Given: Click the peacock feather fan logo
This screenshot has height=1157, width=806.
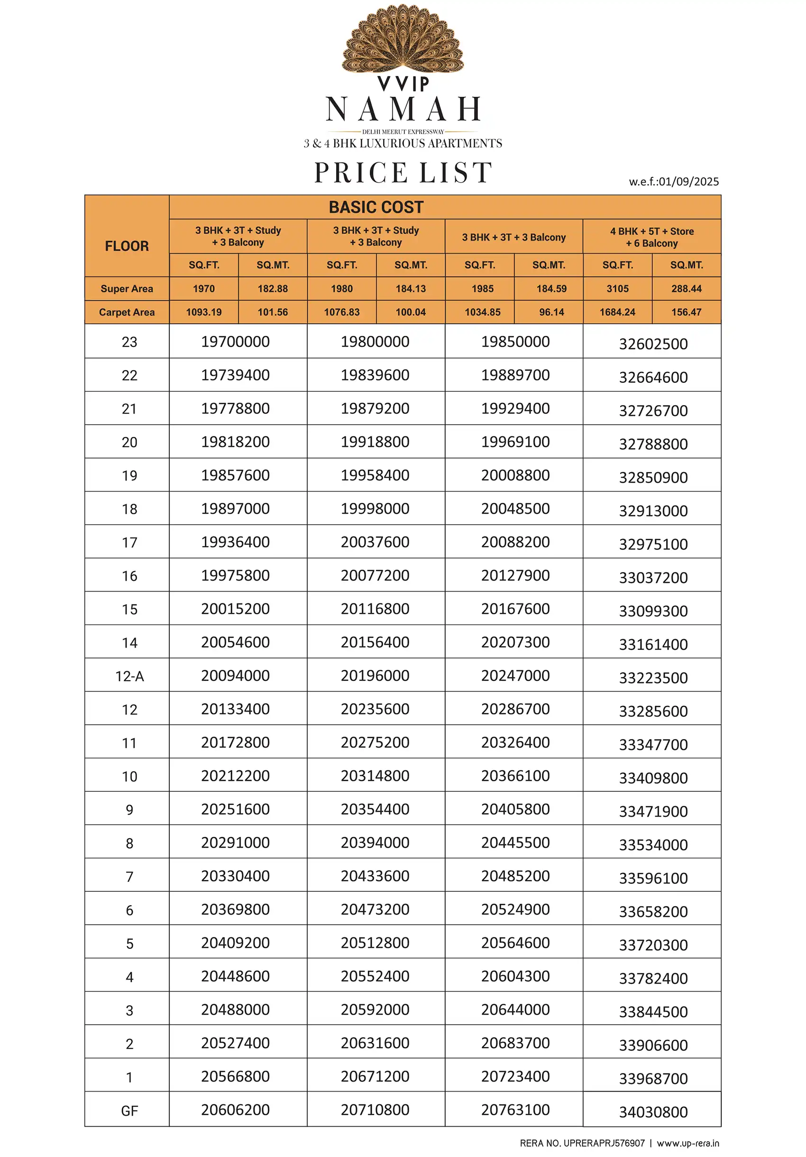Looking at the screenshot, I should (x=403, y=39).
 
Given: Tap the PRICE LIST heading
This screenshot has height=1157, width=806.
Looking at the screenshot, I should (x=403, y=173).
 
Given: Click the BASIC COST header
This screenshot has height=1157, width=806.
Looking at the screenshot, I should (x=376, y=207).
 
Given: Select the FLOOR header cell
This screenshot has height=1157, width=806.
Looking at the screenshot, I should (x=127, y=246).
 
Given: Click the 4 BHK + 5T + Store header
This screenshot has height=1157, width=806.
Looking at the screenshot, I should (x=652, y=237).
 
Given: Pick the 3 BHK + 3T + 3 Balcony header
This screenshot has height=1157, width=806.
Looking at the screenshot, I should (x=514, y=237).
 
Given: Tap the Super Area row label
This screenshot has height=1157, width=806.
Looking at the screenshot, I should (x=127, y=289).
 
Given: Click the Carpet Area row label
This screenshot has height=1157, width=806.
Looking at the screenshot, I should (x=127, y=312).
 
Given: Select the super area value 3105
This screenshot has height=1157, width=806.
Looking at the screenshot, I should (x=617, y=289).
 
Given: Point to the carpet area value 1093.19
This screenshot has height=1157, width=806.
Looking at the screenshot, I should (x=203, y=312).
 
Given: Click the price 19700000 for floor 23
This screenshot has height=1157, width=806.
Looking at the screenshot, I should (x=235, y=342).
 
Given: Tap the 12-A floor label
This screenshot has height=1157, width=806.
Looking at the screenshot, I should (x=129, y=676).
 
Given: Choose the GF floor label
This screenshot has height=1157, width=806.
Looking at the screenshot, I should (x=129, y=1111).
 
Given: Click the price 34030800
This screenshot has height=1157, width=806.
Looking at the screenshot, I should (x=653, y=1112).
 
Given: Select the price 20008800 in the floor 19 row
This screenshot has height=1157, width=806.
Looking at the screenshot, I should (x=515, y=475).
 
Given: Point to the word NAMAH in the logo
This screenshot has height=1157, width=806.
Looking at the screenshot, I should (x=403, y=110).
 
